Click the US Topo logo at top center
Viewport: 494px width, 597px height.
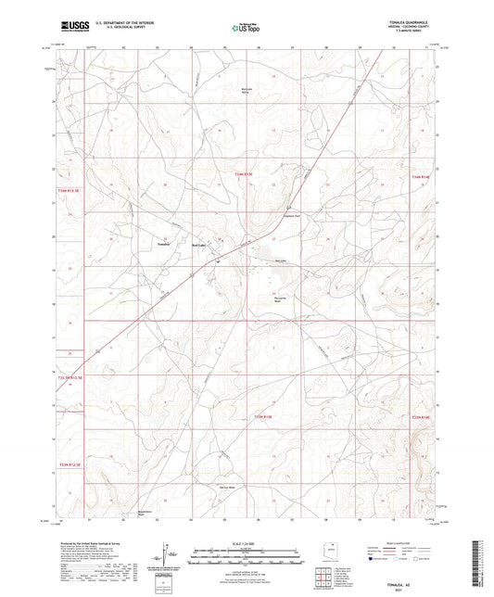click(245, 29)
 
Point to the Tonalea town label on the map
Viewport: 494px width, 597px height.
click(164, 244)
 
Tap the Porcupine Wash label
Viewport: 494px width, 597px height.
click(283, 298)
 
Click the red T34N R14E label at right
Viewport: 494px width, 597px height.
click(423, 175)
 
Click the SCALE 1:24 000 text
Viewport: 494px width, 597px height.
click(247, 541)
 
